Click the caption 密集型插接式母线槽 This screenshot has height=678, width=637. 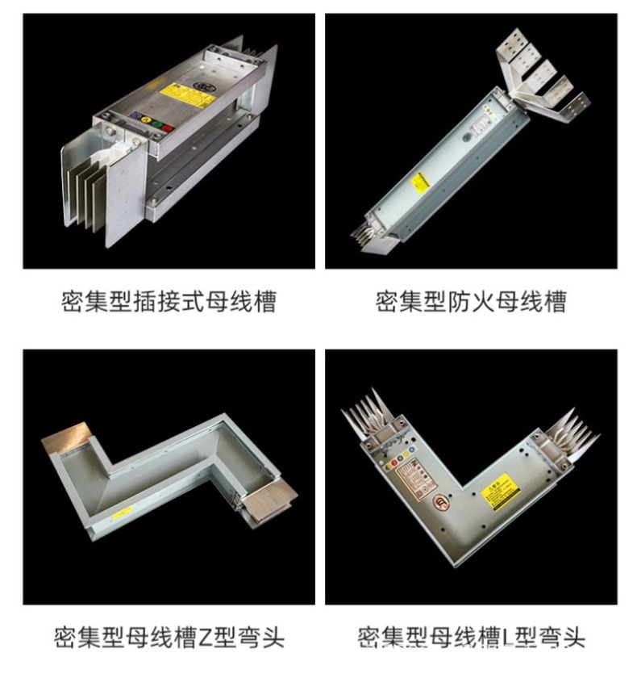click(169, 302)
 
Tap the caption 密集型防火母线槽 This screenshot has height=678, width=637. click(471, 302)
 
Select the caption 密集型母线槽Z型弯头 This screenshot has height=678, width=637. click(169, 637)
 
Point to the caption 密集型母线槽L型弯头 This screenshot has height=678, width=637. click(471, 637)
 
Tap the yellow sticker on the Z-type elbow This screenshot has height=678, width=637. click(123, 513)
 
